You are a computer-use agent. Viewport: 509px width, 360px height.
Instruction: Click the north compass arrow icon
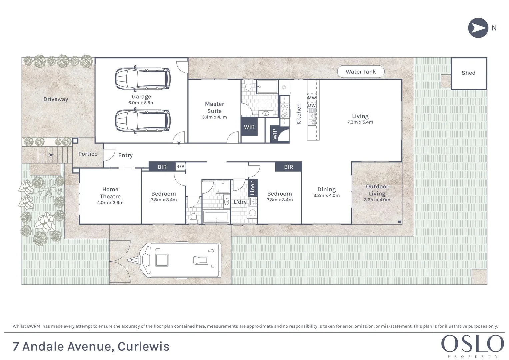478,28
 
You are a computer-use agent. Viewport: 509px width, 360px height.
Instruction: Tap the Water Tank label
361,72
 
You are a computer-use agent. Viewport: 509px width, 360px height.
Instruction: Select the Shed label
468,73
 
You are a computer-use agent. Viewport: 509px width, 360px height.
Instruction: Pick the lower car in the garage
142,121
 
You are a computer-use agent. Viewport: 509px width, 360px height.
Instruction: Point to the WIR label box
249,127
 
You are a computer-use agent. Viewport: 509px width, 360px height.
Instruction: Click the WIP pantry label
275,134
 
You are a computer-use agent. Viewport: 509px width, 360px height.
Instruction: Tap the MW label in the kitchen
312,98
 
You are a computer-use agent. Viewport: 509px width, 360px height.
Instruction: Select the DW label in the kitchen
312,106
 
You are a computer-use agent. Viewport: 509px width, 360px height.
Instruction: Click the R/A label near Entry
180,166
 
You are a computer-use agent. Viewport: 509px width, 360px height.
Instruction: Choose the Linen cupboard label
252,188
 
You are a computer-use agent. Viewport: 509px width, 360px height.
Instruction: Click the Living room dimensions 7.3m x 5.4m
360,122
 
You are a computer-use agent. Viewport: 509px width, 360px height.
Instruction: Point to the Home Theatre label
110,193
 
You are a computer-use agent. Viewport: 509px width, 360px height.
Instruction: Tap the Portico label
88,154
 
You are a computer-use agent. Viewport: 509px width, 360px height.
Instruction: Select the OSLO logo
472,344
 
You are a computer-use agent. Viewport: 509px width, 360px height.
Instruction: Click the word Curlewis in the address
143,347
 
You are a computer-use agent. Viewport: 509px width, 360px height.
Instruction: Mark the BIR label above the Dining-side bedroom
288,167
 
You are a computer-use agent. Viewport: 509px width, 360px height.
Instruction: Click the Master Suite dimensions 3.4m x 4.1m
214,117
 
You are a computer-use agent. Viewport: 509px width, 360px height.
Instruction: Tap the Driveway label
56,99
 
